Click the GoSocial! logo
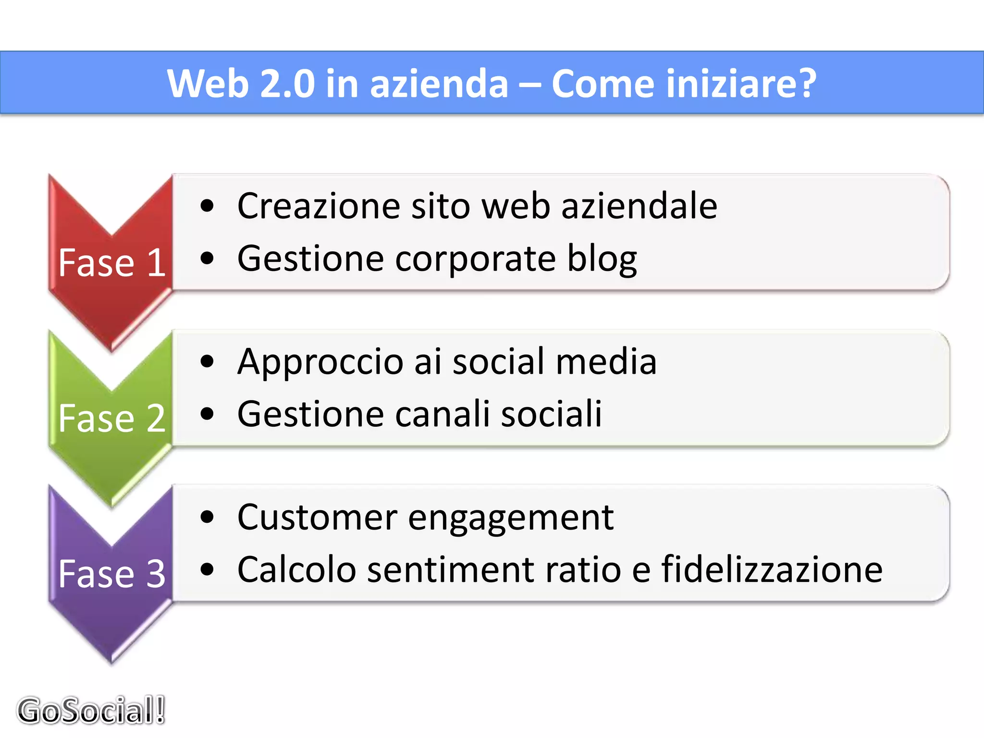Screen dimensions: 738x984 point(91,710)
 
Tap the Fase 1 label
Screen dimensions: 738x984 point(112,263)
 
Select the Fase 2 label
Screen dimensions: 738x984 point(112,418)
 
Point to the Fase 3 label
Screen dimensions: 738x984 point(112,574)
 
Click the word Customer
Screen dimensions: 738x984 point(318,517)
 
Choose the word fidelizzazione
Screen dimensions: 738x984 point(772,569)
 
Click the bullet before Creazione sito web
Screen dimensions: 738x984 point(207,207)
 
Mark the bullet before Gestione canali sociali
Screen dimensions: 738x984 point(207,414)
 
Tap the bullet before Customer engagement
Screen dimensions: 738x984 point(207,517)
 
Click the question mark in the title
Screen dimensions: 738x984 point(806,84)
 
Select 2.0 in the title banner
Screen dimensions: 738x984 point(287,84)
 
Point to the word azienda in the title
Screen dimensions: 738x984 point(439,84)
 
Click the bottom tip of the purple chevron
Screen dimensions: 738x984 point(112,662)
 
